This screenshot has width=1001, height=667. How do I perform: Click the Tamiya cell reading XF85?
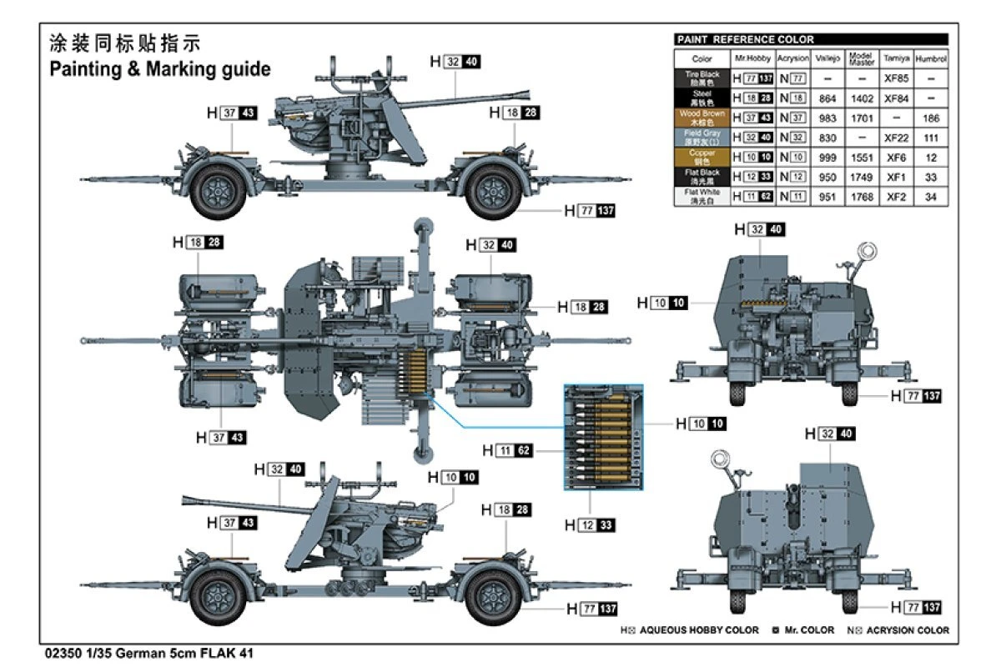[x=896, y=79]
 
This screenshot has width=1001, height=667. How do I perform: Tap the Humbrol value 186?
[x=931, y=118]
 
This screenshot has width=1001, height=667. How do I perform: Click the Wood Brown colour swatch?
[x=702, y=118]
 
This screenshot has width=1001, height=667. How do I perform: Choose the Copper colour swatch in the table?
[x=702, y=157]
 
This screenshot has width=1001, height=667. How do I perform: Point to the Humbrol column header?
[x=931, y=59]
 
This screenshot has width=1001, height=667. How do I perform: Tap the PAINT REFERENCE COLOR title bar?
[x=811, y=39]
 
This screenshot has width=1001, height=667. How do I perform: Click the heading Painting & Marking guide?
[x=160, y=69]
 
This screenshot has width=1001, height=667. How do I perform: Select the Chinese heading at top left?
[x=126, y=43]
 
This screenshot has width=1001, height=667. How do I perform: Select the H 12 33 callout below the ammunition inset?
[x=590, y=525]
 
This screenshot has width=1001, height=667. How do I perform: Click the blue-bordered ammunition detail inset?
[x=603, y=437]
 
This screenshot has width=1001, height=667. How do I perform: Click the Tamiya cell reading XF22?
[x=896, y=138]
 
